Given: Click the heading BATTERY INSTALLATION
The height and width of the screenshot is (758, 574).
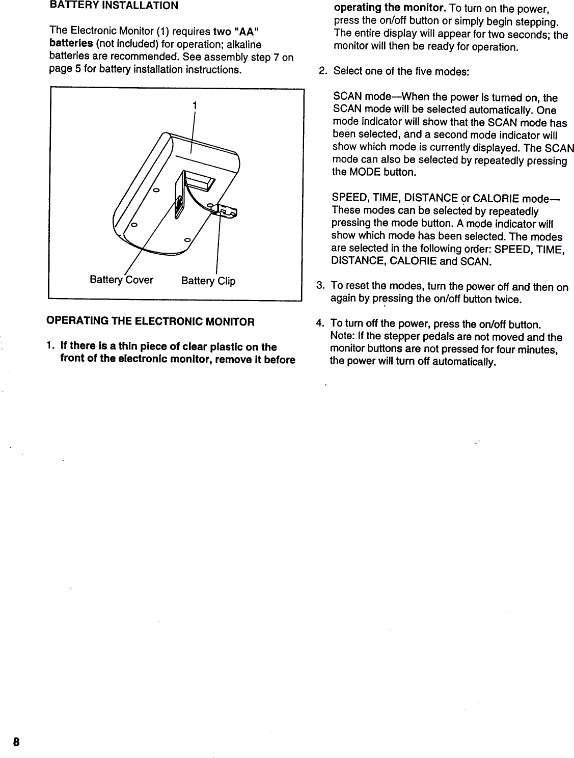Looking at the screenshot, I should pos(114,6).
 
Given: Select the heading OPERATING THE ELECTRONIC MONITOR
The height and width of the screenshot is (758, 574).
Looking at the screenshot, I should pos(150,321).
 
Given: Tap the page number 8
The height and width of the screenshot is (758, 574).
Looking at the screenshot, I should pos(16,742).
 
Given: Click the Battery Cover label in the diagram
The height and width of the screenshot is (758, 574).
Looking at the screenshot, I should pos(121,280).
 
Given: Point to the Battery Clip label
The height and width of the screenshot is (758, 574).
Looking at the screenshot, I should pos(209,281).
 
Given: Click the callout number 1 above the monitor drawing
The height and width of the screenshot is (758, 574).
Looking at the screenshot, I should pos(194,105).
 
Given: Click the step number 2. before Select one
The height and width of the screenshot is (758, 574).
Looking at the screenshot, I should pos(322,71).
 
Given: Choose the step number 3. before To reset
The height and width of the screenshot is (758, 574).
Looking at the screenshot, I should pos(321,287).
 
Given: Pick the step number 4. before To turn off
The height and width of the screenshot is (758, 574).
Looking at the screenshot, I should pos(321,324).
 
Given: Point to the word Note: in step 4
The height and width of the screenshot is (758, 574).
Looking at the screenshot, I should pos(343,337).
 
